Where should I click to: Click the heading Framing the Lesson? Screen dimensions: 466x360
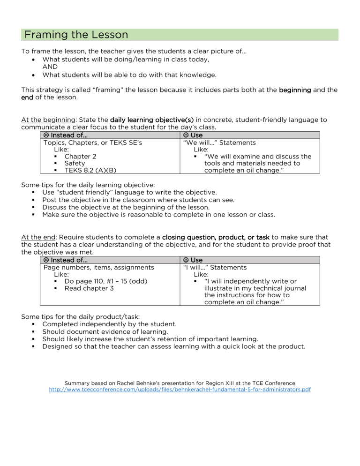coord(76,35)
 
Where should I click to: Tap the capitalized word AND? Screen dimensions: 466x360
coord(51,67)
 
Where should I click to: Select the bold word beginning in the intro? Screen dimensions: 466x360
coord(295,90)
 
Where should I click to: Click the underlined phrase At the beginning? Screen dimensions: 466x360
coord(45,120)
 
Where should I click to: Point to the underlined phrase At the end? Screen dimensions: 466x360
coord(37,237)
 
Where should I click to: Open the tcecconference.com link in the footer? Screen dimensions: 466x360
coord(180,390)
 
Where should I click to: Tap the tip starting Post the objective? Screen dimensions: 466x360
coord(138,200)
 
